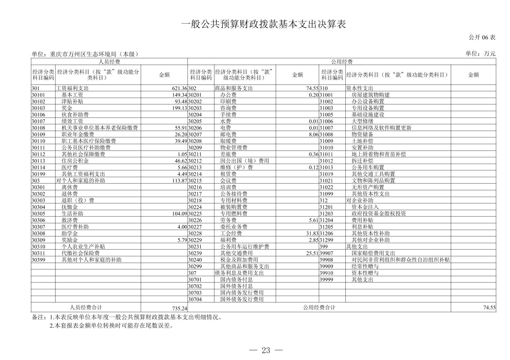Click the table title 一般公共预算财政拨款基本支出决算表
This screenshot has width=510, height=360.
tap(264, 25)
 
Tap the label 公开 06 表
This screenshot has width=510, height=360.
tap(482, 37)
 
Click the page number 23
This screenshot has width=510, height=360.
tap(266, 351)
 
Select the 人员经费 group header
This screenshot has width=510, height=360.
tap(109, 62)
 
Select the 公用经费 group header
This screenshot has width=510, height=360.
tap(342, 62)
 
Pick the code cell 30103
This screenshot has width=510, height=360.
tap(38, 108)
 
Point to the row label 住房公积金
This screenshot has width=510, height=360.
tap(75, 161)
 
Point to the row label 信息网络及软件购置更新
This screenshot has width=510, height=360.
tap(381, 128)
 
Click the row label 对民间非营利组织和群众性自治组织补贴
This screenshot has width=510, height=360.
tap(401, 260)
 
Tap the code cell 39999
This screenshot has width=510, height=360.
tap(326, 280)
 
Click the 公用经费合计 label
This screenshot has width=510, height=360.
tap(319, 307)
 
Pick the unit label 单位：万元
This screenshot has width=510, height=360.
tap(480, 54)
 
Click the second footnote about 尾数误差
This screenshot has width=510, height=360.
tap(111, 326)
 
